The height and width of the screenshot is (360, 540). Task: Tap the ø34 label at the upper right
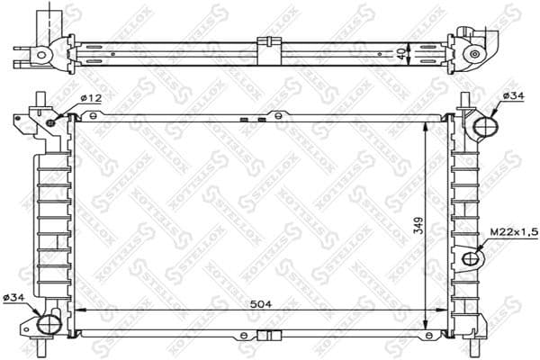(513, 95)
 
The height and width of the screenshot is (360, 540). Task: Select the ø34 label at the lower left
(14, 296)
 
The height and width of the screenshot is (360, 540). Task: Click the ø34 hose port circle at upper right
(484, 127)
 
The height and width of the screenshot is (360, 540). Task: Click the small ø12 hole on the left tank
(52, 121)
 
